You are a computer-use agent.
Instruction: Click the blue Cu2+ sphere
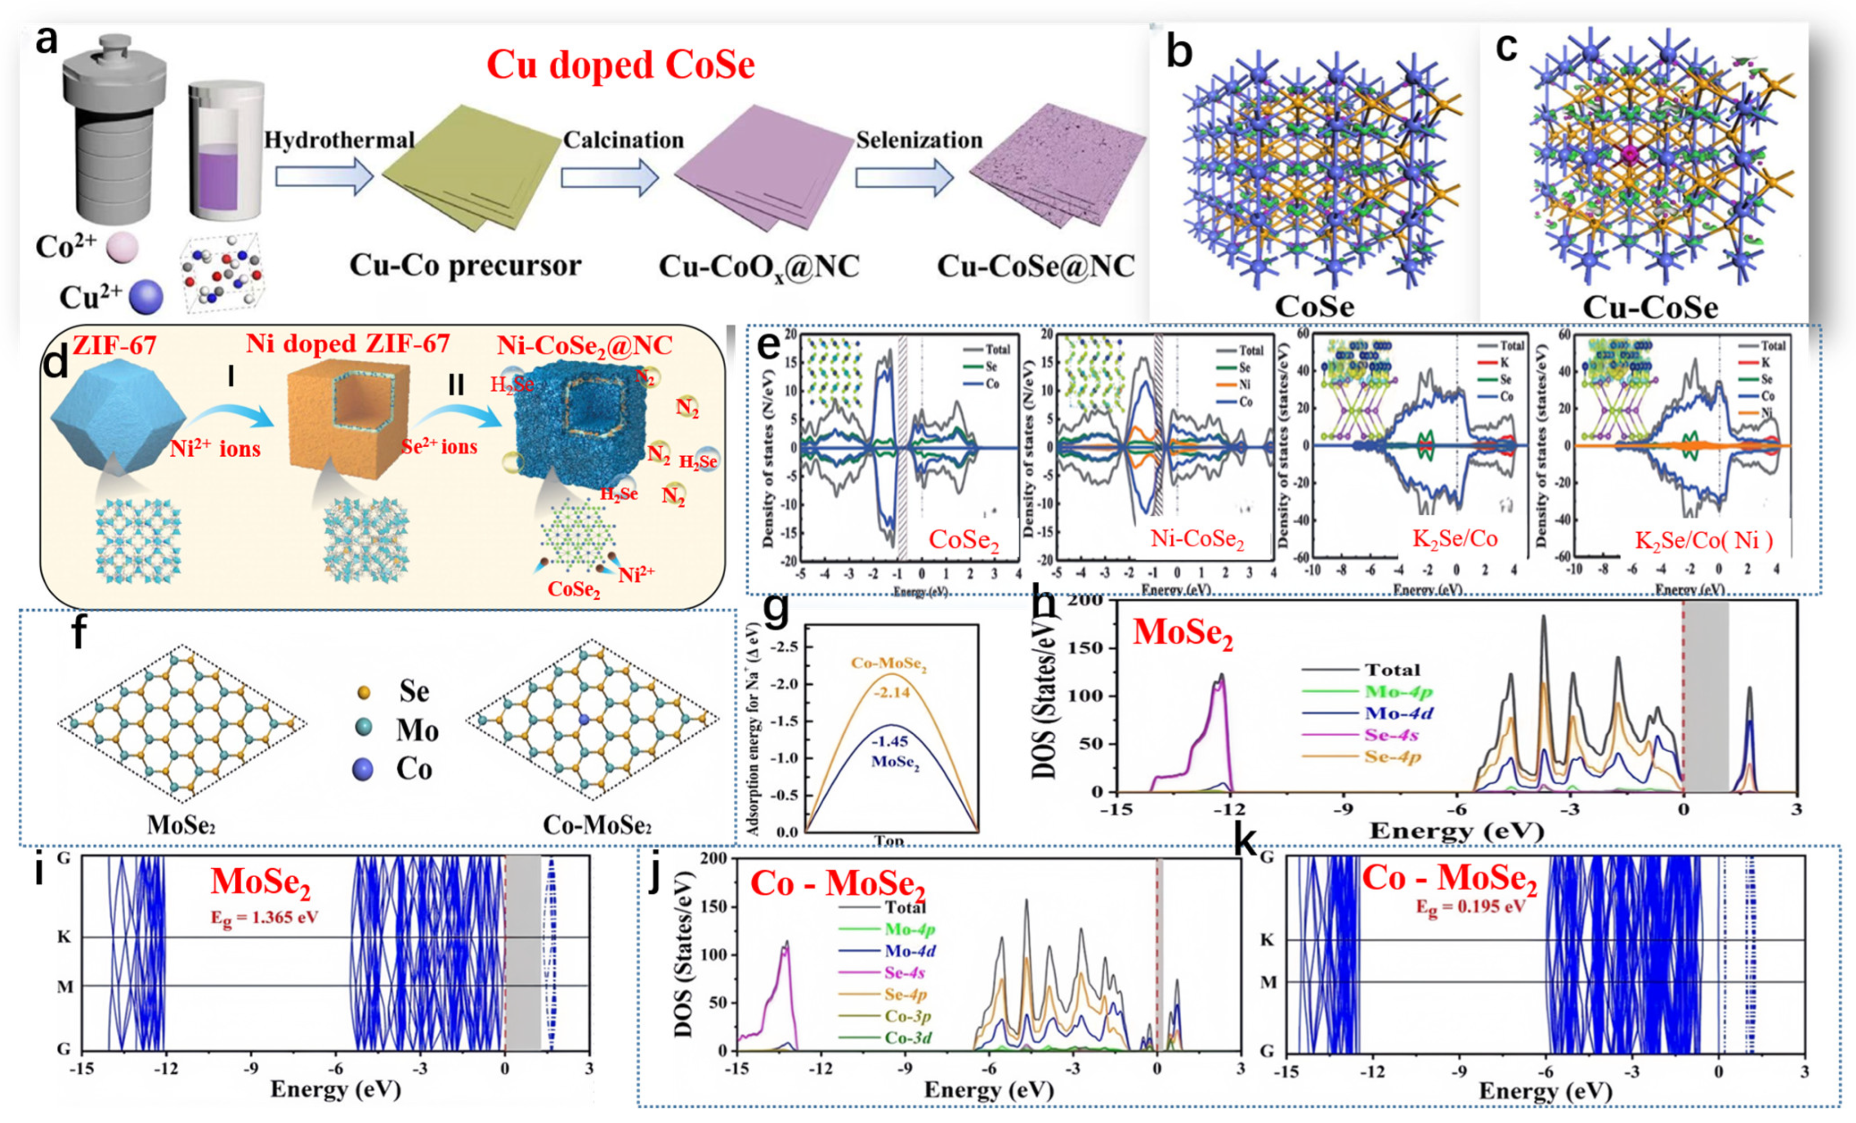click(x=145, y=297)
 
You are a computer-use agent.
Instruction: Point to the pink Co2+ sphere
click(x=122, y=248)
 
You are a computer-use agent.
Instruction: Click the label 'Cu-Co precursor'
click(x=465, y=266)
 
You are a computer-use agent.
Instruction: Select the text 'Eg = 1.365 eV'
click(x=264, y=917)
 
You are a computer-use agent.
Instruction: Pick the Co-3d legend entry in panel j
click(x=908, y=1038)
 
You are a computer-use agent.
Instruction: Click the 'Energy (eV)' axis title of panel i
click(x=335, y=1089)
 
